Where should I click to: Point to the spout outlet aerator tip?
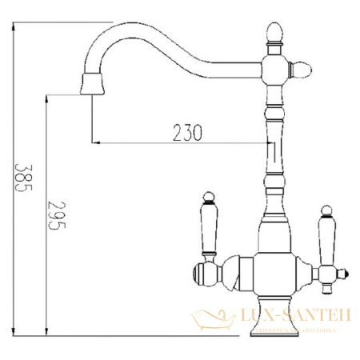coord(93,82)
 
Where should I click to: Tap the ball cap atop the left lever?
coord(207,196)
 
